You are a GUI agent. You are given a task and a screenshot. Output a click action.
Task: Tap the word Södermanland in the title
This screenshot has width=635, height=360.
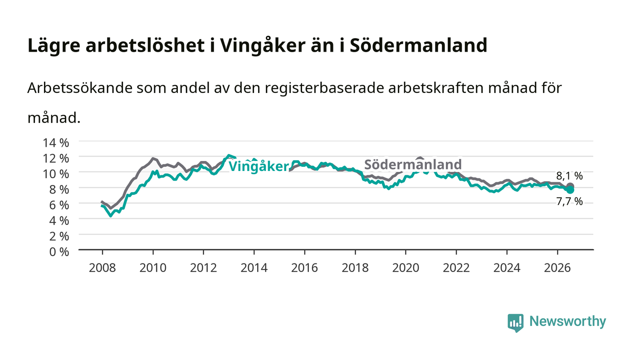tap(418, 45)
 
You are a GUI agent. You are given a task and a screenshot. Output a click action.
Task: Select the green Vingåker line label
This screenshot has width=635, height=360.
tap(259, 166)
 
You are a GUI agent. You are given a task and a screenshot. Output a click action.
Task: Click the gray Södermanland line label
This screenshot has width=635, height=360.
tap(413, 165)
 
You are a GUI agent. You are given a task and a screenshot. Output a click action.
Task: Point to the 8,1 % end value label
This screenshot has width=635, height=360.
tap(569, 176)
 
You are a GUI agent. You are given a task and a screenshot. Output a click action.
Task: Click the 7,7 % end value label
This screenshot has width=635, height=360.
tap(569, 202)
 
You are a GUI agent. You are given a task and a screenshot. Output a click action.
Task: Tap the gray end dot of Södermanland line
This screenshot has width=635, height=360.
tap(570, 187)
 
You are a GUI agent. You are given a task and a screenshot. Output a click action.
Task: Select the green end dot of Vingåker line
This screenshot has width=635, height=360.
tap(570, 190)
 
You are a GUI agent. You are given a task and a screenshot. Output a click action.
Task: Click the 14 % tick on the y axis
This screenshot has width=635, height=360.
tap(56, 142)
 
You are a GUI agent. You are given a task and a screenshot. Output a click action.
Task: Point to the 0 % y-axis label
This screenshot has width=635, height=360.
tap(59, 252)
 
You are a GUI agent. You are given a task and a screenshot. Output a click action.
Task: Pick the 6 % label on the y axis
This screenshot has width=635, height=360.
tap(59, 205)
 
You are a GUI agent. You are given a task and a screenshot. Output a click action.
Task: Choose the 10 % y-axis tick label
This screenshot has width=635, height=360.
tap(56, 174)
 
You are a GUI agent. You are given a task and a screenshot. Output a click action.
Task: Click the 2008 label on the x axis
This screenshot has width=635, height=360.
tap(103, 268)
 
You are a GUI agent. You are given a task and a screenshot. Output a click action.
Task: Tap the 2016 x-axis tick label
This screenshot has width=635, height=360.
tap(304, 268)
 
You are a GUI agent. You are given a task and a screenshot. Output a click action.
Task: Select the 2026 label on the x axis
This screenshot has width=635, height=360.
tap(557, 268)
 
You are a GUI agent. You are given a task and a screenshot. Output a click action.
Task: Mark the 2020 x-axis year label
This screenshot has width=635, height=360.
tap(405, 268)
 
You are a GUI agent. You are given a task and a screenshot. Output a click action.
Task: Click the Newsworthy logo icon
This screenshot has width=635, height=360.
tap(516, 323)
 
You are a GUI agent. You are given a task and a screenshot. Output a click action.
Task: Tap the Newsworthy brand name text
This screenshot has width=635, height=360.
tap(568, 321)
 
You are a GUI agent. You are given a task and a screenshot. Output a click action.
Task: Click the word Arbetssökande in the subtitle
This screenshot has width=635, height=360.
tap(80, 88)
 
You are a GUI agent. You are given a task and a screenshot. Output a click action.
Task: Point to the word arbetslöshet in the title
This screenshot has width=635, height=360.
tap(145, 45)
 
